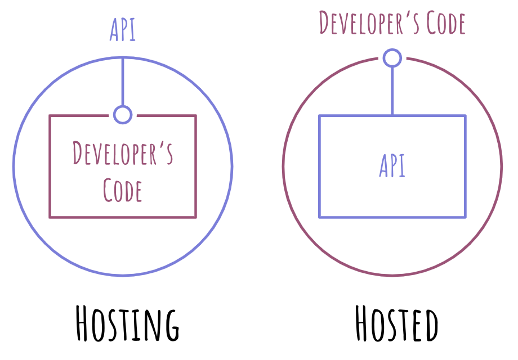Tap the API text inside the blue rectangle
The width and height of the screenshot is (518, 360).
pyautogui.click(x=392, y=166)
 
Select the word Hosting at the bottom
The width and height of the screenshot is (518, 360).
pyautogui.click(x=128, y=324)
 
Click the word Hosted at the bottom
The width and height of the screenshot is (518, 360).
pyautogui.click(x=396, y=324)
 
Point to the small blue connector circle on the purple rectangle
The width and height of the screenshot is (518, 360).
pyautogui.click(x=123, y=115)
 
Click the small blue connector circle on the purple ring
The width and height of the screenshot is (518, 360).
pyautogui.click(x=392, y=58)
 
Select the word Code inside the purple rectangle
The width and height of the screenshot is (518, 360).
pyautogui.click(x=123, y=190)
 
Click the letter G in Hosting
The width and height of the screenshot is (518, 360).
pyautogui.click(x=170, y=324)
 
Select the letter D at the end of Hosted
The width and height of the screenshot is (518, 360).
pyautogui.click(x=429, y=324)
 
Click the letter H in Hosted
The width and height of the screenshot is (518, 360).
pyautogui.click(x=364, y=324)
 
